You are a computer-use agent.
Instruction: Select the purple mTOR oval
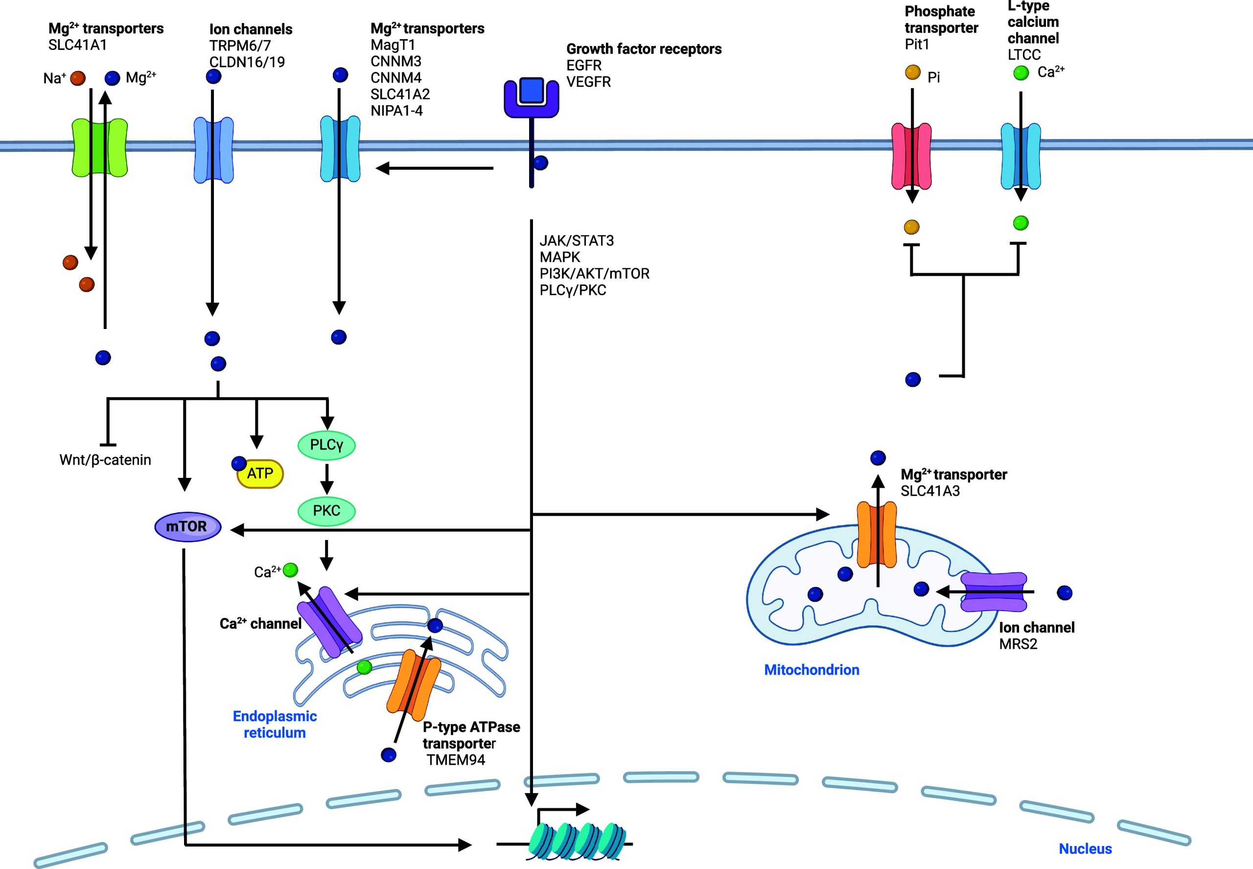pyautogui.click(x=187, y=526)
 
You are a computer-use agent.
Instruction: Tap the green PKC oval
pyautogui.click(x=326, y=511)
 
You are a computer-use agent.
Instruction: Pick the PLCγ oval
pyautogui.click(x=326, y=445)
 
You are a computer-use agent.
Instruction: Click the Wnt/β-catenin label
pyautogui.click(x=105, y=460)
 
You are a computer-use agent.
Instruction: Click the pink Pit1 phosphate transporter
pyautogui.click(x=911, y=156)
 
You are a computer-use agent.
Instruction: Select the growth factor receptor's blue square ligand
pyautogui.click(x=531, y=91)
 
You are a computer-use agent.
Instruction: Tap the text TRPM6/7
pyautogui.click(x=240, y=46)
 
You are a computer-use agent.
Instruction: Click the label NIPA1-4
pyautogui.click(x=396, y=111)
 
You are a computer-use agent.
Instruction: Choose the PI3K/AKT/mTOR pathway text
pyautogui.click(x=594, y=273)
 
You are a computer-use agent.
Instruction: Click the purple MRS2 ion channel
pyautogui.click(x=994, y=592)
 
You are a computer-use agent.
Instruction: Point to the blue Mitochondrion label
pyautogui.click(x=811, y=670)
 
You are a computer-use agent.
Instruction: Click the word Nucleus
pyautogui.click(x=1085, y=848)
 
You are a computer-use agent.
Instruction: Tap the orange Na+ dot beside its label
pyautogui.click(x=78, y=78)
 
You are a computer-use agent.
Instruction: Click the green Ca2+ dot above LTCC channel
pyautogui.click(x=1021, y=72)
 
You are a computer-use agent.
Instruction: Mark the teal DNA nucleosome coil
pyautogui.click(x=578, y=841)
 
